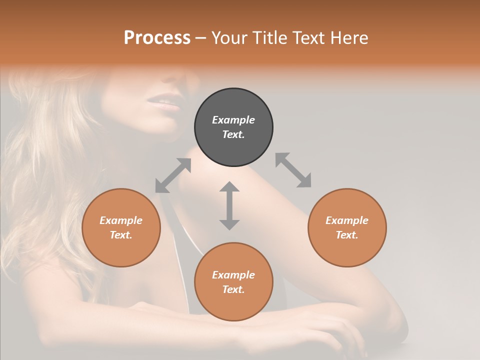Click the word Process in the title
[157, 38]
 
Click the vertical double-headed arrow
[229, 205]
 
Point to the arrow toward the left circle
[173, 175]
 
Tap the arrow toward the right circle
[293, 170]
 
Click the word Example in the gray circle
[233, 120]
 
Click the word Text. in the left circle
[121, 235]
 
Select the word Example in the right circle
[347, 220]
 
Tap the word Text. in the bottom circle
[233, 289]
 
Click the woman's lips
[163, 103]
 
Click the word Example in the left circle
[121, 220]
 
